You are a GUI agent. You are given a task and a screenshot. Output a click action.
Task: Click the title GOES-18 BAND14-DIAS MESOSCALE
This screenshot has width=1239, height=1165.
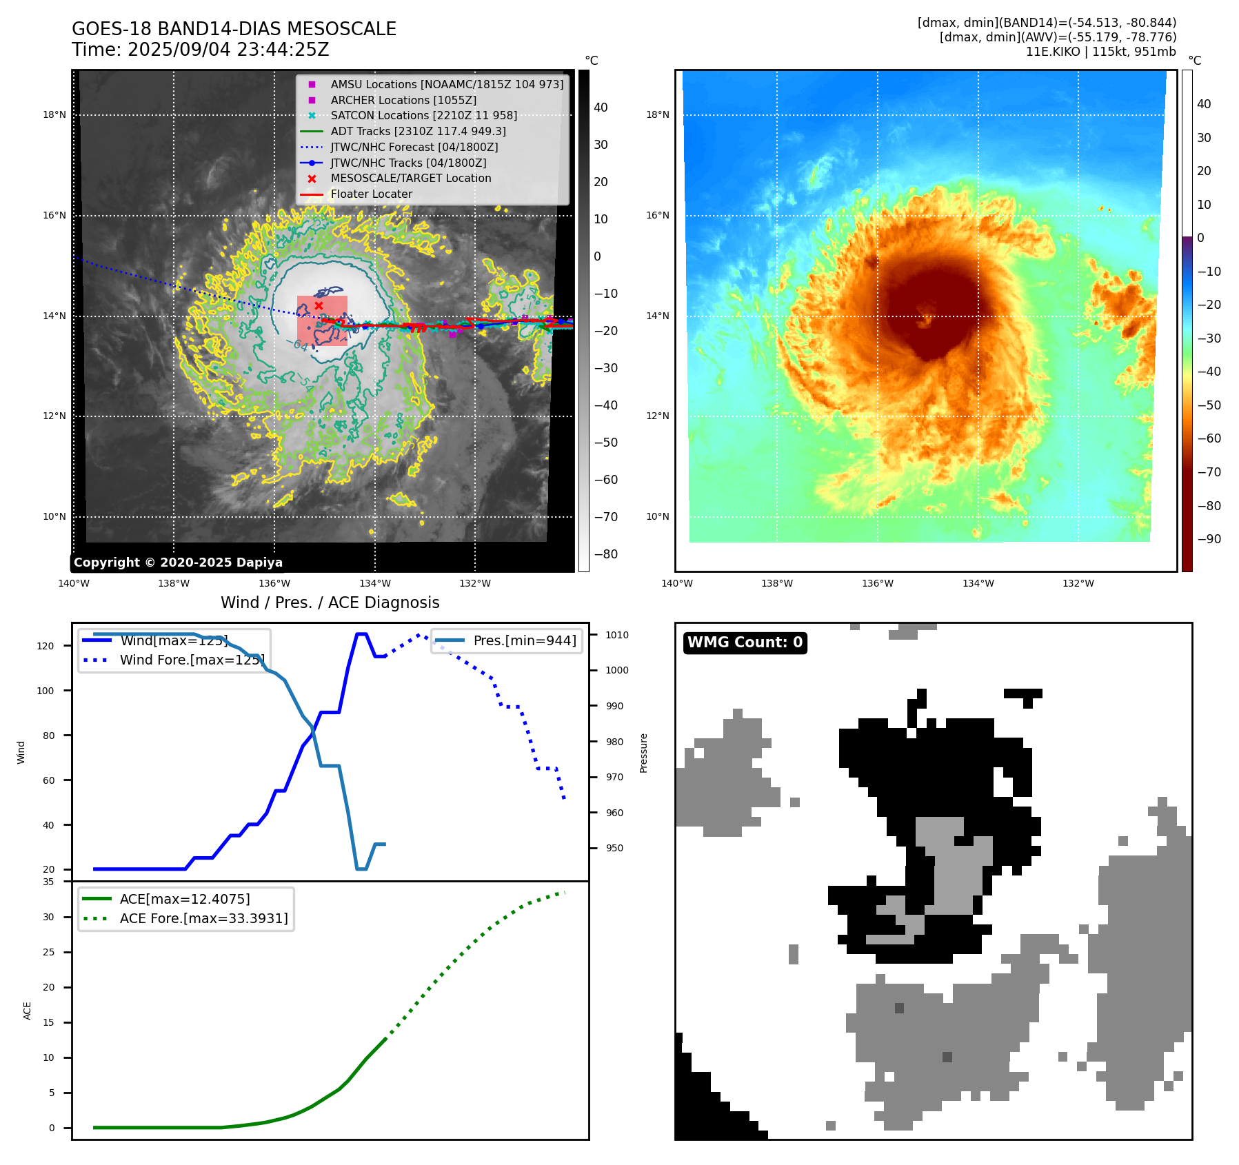pyautogui.click(x=234, y=29)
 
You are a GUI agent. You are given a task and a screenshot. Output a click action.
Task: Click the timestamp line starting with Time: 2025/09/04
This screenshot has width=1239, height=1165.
pyautogui.click(x=200, y=50)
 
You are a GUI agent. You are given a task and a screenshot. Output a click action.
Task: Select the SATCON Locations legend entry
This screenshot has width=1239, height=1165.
pyautogui.click(x=423, y=115)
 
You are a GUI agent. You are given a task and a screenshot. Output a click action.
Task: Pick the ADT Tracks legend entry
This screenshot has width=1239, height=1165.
pyautogui.click(x=418, y=131)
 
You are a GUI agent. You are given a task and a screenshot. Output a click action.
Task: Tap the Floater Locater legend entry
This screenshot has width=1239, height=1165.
pyautogui.click(x=371, y=194)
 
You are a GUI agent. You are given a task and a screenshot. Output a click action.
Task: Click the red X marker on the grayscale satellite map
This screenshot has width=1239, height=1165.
pyautogui.click(x=319, y=305)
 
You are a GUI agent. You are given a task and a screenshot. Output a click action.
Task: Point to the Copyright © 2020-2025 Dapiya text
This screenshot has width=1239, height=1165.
pyautogui.click(x=178, y=562)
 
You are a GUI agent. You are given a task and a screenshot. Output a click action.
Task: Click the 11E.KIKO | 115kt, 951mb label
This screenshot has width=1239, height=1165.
pyautogui.click(x=1100, y=52)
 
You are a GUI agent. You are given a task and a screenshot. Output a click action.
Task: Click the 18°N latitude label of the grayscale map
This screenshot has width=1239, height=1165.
pyautogui.click(x=54, y=114)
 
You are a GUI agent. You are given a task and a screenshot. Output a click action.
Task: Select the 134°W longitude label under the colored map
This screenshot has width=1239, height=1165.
pyautogui.click(x=978, y=583)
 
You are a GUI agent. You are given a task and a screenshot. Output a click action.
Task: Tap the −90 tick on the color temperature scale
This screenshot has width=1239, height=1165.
pyautogui.click(x=1209, y=539)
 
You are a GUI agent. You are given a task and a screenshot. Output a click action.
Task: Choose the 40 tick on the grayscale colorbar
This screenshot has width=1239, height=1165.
pyautogui.click(x=601, y=108)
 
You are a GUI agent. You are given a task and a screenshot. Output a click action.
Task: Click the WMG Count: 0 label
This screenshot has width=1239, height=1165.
pyautogui.click(x=745, y=642)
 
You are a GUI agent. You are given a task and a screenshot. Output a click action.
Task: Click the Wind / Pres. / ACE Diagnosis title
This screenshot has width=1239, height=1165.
pyautogui.click(x=330, y=602)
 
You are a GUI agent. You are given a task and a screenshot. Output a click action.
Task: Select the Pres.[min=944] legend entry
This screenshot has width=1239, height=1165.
pyautogui.click(x=525, y=640)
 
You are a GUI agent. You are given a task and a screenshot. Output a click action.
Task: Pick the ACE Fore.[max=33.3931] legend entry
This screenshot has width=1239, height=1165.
pyautogui.click(x=203, y=918)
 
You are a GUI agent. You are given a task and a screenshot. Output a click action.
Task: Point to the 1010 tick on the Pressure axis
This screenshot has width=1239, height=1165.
pyautogui.click(x=617, y=635)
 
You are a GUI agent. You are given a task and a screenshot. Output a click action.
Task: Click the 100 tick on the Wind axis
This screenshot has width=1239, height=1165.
pyautogui.click(x=46, y=691)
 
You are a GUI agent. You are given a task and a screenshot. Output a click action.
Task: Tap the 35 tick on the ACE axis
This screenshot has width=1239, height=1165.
pyautogui.click(x=48, y=882)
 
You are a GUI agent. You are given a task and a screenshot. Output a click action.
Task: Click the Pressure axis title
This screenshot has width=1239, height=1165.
pyautogui.click(x=643, y=753)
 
